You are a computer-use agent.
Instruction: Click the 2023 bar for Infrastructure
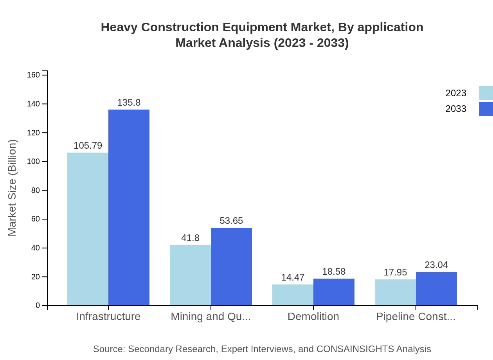click(88, 229)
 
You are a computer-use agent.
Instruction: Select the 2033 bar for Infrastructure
click(129, 207)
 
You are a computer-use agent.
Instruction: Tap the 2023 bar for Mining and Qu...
click(190, 275)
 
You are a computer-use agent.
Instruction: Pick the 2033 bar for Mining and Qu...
click(231, 266)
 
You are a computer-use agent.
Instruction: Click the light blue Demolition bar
click(293, 295)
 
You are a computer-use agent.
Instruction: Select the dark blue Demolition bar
click(334, 292)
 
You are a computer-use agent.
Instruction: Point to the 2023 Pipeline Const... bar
click(395, 292)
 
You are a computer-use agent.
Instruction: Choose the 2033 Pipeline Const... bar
click(436, 289)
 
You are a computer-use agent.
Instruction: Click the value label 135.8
click(129, 103)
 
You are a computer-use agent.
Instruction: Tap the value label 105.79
click(88, 146)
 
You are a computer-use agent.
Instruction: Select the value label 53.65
click(231, 221)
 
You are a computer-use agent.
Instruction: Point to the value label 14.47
click(293, 277)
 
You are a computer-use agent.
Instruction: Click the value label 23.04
click(436, 265)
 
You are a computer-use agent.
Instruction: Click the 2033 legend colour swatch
click(486, 109)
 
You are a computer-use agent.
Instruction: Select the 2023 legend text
click(456, 93)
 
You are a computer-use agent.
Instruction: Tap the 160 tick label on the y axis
click(34, 75)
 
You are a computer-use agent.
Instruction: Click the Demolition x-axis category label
click(313, 316)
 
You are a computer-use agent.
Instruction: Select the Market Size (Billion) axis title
click(13, 188)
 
